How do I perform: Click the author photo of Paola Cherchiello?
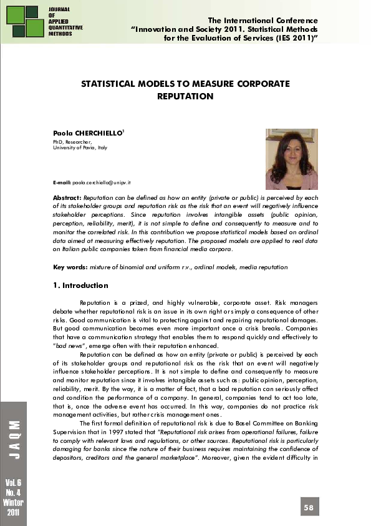[292, 159]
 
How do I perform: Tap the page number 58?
[309, 507]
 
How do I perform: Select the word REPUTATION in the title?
[185, 97]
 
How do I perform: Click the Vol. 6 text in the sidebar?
[14, 483]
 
